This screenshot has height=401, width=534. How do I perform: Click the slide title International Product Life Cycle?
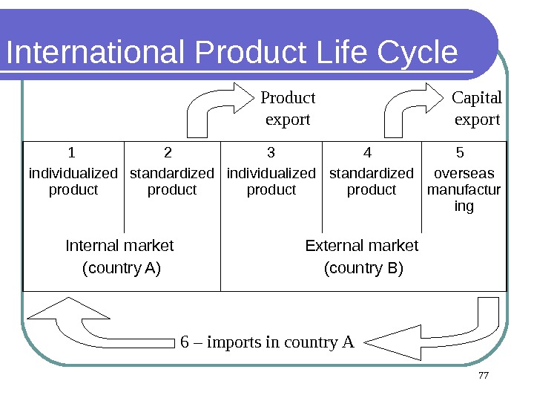pos(231,53)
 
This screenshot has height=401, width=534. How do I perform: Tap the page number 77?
pos(484,376)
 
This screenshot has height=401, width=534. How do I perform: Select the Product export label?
pos(288,108)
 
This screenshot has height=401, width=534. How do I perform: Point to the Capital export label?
pos(477,108)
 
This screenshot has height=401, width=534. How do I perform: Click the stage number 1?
pos(72,153)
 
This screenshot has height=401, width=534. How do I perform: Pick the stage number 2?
pos(168,153)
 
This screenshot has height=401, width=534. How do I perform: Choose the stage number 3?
pos(271,153)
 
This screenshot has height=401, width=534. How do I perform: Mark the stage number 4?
pos(367,153)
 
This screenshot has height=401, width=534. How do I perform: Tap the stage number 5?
pos(460,153)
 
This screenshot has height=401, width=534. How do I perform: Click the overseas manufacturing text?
pos(464,189)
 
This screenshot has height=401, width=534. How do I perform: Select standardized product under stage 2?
pos(172,181)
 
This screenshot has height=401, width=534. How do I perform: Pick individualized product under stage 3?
pos(271,181)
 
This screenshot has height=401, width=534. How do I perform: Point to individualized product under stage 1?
pos(73,181)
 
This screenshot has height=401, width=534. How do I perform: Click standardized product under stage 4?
pos(372,181)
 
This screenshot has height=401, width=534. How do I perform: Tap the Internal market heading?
pos(120,245)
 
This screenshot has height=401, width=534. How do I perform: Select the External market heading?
pos(362,245)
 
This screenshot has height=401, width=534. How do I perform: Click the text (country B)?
pos(363,268)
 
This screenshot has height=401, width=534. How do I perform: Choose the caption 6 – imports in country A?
pos(268,342)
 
